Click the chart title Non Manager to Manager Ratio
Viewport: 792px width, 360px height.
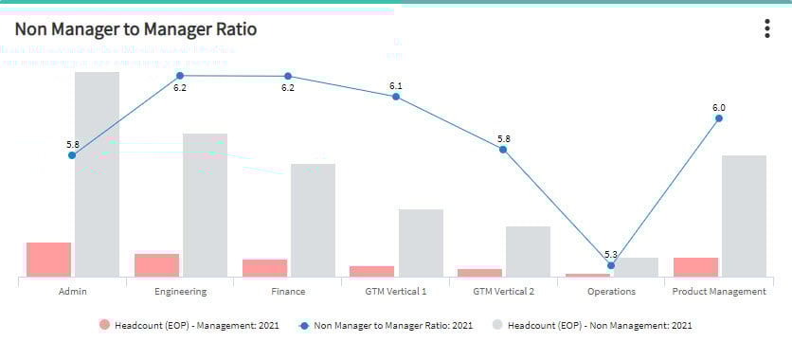click(x=135, y=29)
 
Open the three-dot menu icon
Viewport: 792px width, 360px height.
click(x=767, y=29)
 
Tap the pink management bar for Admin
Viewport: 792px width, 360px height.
click(x=48, y=259)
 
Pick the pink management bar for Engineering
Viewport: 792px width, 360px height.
click(x=156, y=264)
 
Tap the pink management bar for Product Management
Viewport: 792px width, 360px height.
click(x=695, y=266)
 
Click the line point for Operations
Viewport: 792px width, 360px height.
click(x=611, y=265)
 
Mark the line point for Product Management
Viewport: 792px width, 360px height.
click(x=719, y=118)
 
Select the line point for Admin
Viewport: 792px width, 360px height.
click(x=72, y=154)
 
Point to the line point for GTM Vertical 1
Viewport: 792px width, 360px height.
click(x=396, y=97)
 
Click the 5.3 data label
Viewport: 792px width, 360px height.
click(x=610, y=254)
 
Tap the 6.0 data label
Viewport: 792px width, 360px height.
click(x=719, y=107)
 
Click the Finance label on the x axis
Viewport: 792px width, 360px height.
click(x=288, y=292)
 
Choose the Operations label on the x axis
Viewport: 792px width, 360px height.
click(x=611, y=292)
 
